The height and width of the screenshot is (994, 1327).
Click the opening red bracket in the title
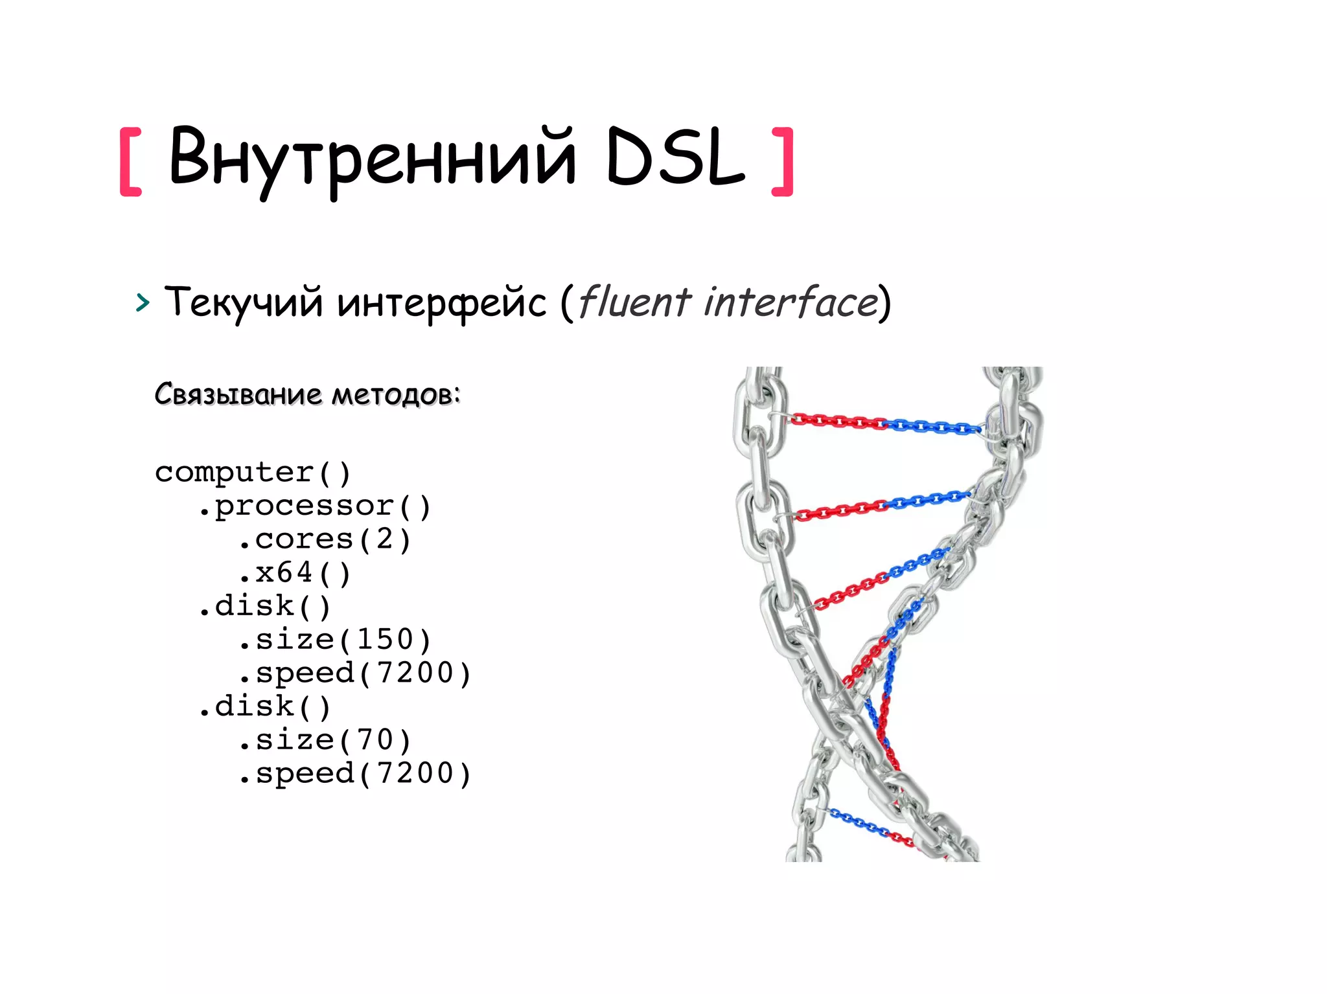click(131, 161)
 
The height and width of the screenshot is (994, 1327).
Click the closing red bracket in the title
click(783, 161)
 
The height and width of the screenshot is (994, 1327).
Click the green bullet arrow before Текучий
click(143, 302)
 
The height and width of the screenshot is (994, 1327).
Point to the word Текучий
click(243, 302)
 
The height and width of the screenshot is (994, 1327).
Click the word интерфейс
click(442, 303)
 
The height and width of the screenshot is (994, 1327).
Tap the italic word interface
click(791, 302)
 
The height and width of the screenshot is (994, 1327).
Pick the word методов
click(395, 394)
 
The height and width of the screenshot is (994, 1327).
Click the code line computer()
click(253, 472)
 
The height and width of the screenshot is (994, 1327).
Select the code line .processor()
click(314, 506)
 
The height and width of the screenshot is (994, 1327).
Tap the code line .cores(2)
click(324, 539)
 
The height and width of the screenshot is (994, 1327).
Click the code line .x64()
click(294, 573)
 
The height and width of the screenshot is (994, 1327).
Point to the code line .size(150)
click(334, 640)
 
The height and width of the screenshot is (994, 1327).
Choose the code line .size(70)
click(324, 740)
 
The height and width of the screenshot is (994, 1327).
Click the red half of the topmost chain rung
click(836, 422)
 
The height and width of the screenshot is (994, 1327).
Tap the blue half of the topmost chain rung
click(933, 427)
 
